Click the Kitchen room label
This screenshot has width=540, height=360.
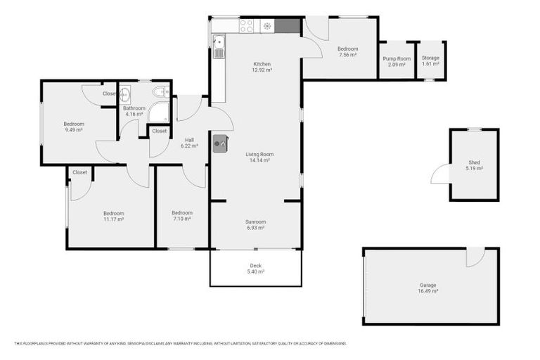point(262,64)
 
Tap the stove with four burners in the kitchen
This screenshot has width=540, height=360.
point(246,26)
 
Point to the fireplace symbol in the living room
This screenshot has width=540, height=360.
point(220,142)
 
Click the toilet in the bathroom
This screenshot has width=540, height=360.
point(160,91)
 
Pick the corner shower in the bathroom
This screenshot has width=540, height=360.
point(159,112)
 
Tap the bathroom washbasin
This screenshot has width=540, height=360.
point(125,94)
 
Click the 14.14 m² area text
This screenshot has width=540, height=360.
point(259,160)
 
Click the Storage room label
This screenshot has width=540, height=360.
point(430,58)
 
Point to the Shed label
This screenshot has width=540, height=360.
point(474,162)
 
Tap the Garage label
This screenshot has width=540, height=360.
point(428,285)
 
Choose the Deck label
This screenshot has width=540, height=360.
point(256,265)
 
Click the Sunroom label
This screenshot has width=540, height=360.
point(255,221)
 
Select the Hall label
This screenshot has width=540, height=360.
point(189,140)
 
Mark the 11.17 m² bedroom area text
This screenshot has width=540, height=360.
point(113,219)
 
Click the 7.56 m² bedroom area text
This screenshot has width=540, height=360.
point(347,55)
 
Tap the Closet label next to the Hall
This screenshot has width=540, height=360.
point(160,131)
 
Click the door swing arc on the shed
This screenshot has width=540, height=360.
point(439,173)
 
